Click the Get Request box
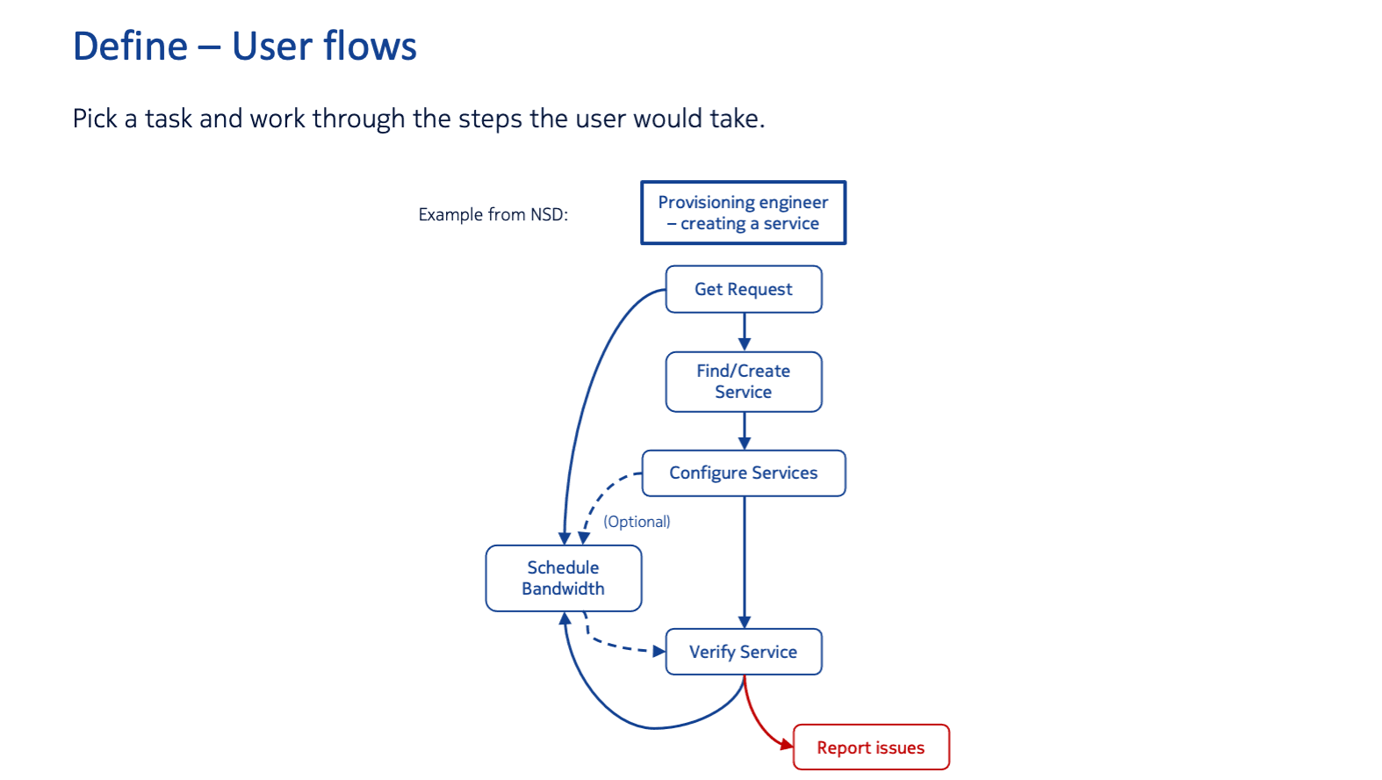[x=744, y=289]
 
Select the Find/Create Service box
[x=744, y=381]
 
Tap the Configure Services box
[x=744, y=473]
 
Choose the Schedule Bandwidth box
[x=563, y=578]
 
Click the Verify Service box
[x=744, y=652]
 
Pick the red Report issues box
[x=870, y=747]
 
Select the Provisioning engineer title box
[x=743, y=213]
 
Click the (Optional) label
[x=637, y=522]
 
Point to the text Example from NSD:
[x=493, y=214]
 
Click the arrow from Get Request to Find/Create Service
[x=745, y=331]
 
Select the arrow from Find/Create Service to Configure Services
[x=745, y=430]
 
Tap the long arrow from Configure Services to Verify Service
[x=745, y=562]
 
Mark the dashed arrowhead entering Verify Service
[x=659, y=652]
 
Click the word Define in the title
[x=130, y=47]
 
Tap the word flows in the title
[x=370, y=47]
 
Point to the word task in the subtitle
[x=169, y=119]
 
